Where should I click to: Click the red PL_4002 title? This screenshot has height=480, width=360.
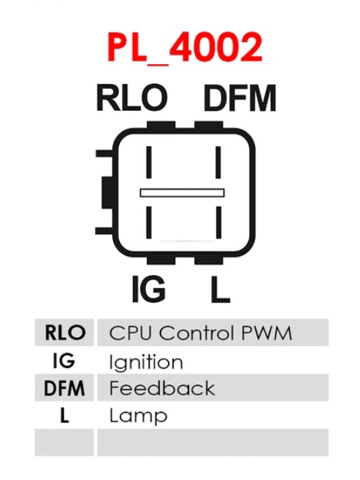click(185, 47)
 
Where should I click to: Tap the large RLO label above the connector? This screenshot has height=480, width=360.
click(132, 98)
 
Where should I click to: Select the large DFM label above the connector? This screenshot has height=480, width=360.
click(240, 98)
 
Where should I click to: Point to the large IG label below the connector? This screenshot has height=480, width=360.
click(149, 289)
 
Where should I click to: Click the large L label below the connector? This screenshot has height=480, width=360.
click(221, 289)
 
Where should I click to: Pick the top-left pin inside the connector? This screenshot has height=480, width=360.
click(149, 162)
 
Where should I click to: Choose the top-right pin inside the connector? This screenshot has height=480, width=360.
click(218, 162)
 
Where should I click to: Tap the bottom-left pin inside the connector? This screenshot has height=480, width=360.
click(149, 222)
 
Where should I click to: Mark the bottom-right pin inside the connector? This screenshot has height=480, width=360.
click(218, 222)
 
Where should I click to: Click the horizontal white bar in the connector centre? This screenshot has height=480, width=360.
click(183, 193)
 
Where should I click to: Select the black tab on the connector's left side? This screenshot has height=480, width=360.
click(107, 193)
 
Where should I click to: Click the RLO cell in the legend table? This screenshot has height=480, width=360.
click(64, 333)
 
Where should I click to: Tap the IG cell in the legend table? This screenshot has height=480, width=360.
click(64, 360)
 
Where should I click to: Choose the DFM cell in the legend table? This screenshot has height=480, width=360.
click(64, 388)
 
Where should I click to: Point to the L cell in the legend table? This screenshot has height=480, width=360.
click(64, 415)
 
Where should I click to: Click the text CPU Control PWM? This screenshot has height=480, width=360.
click(200, 333)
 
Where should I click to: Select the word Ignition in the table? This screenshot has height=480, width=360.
click(146, 362)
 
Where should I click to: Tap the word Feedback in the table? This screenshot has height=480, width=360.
click(162, 388)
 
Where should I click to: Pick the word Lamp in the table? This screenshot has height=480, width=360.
click(138, 416)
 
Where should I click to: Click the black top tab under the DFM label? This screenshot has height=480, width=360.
click(209, 125)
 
